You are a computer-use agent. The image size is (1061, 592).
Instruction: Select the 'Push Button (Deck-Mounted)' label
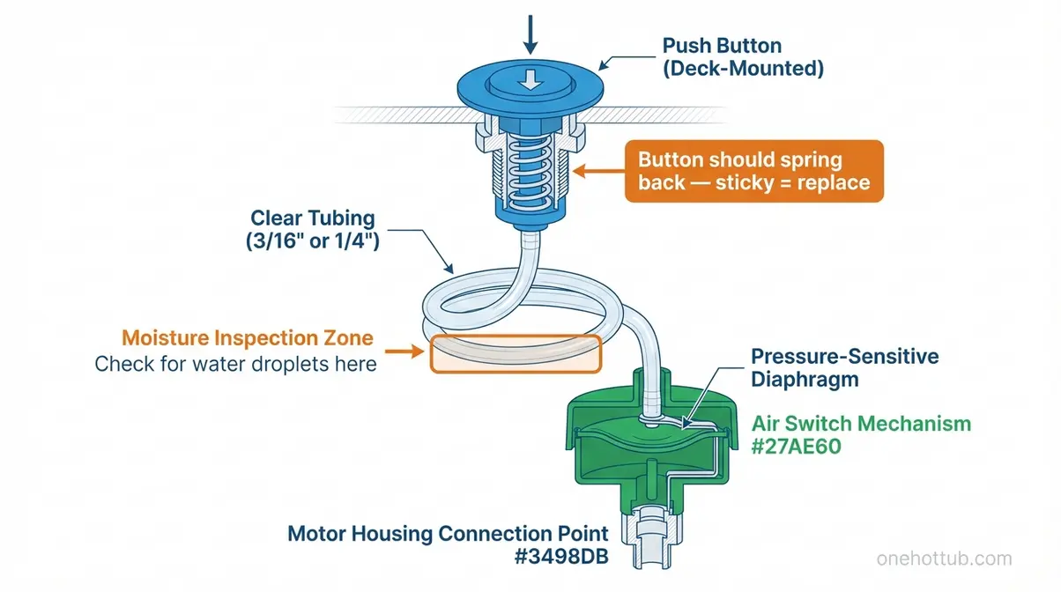[742, 56]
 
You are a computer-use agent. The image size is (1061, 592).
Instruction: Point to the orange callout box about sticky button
[753, 172]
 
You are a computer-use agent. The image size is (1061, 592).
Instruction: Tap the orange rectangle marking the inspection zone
[515, 355]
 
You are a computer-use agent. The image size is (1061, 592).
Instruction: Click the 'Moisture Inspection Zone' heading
[247, 337]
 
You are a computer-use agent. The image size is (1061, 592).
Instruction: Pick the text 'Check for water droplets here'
[235, 364]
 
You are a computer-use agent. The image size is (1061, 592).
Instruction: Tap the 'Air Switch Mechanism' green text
[860, 424]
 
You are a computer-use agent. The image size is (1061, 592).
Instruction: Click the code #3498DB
[564, 557]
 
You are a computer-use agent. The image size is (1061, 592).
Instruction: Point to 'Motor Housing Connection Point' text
[448, 533]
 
